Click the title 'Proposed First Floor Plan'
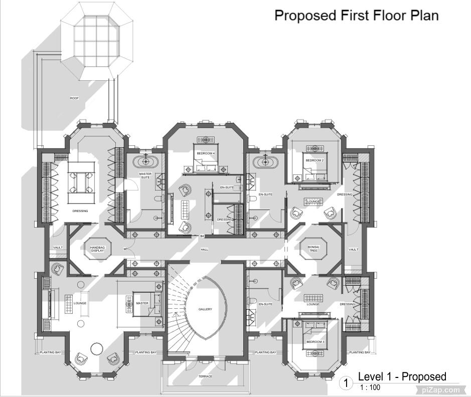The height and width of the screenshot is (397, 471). click(356, 16)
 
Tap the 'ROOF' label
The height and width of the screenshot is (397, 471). click(74, 98)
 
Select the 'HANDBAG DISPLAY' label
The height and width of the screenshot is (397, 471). click(97, 249)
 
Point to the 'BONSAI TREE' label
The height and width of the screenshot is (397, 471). click(313, 249)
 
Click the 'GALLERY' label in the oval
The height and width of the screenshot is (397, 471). click(205, 309)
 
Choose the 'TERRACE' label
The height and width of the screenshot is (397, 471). click(205, 376)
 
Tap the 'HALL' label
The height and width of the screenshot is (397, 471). click(205, 249)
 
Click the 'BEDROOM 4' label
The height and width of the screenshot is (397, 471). click(206, 153)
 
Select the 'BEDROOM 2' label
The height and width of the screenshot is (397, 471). click(315, 160)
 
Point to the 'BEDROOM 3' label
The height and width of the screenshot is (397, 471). click(316, 341)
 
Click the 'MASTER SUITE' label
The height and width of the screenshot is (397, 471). click(145, 175)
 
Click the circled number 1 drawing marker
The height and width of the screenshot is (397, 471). click(346, 383)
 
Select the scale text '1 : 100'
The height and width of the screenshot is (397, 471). click(370, 387)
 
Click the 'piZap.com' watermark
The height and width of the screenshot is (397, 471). click(440, 389)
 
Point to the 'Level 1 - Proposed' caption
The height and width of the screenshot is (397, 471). click(402, 376)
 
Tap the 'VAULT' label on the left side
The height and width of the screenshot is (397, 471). click(58, 248)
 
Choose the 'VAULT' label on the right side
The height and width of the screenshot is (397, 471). click(354, 249)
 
